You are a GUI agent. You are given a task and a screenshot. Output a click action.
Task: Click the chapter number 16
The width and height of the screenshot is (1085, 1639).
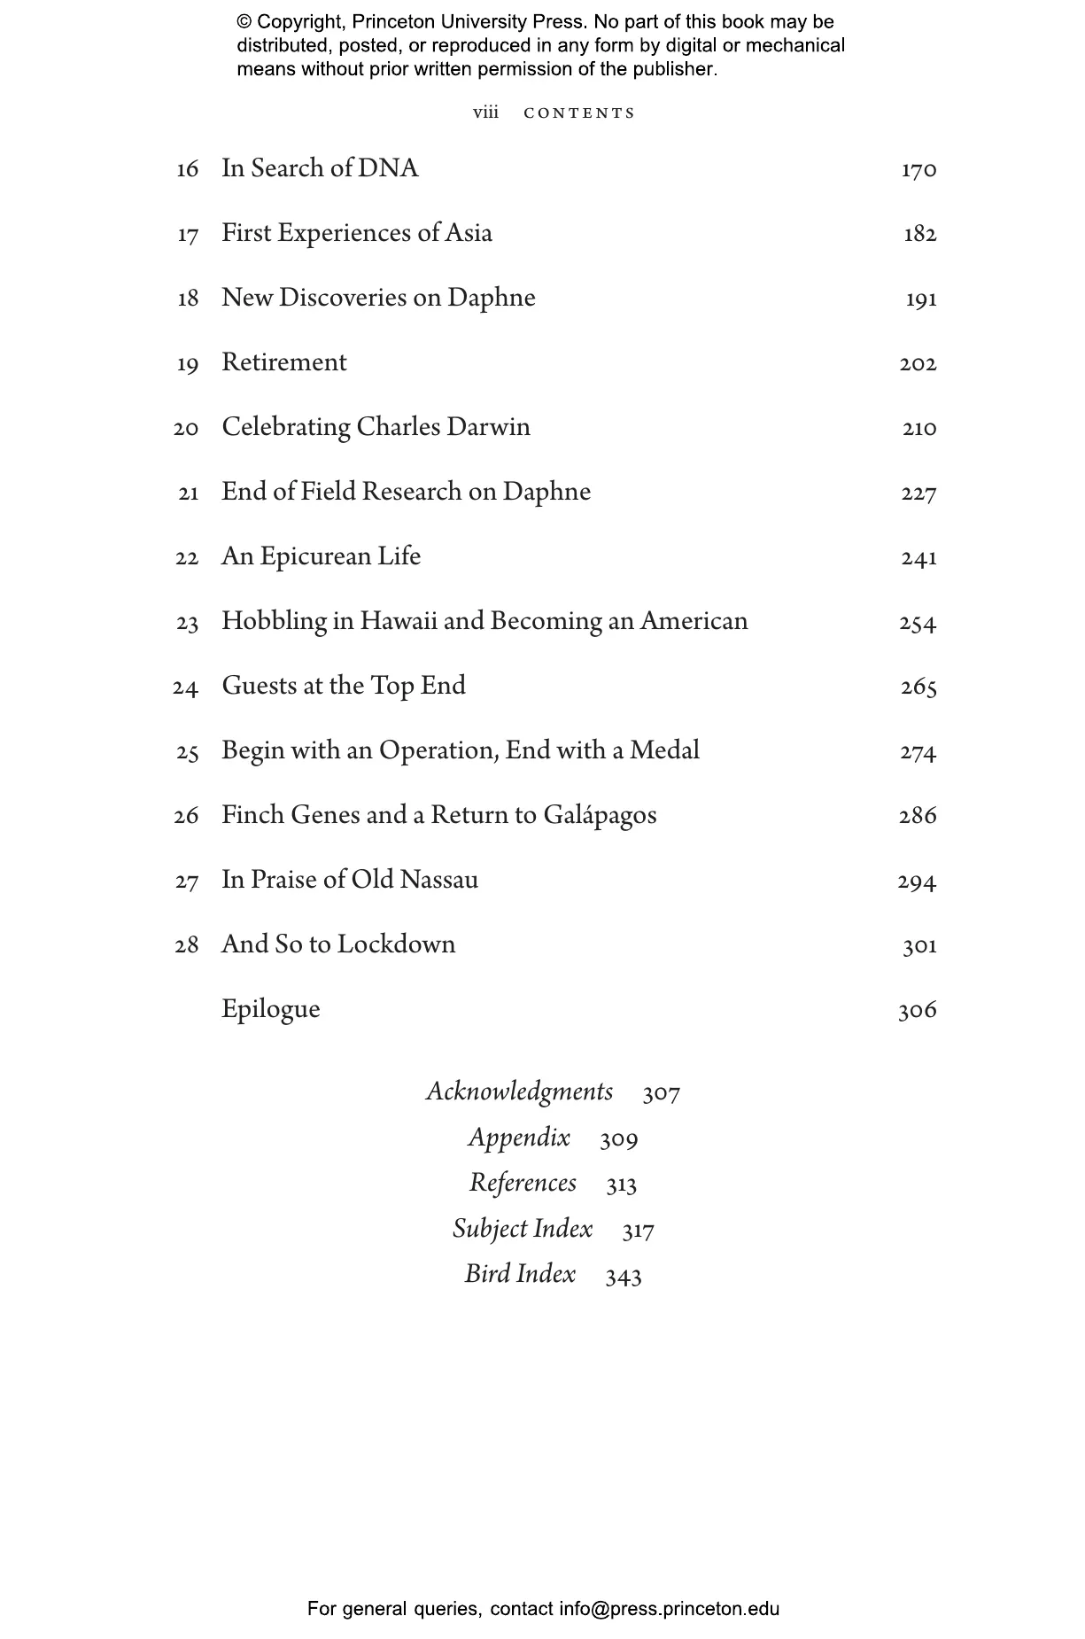click(x=187, y=169)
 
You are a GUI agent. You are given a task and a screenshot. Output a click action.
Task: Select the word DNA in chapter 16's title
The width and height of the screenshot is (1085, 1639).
click(x=388, y=168)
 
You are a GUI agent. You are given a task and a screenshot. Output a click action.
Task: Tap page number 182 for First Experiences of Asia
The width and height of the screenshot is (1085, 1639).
click(x=919, y=234)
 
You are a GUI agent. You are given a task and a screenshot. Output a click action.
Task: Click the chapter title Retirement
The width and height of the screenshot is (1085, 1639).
click(x=284, y=362)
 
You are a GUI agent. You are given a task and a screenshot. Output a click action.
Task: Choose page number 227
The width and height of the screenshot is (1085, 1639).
click(x=918, y=493)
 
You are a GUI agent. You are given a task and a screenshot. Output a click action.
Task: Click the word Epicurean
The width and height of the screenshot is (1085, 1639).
click(x=314, y=557)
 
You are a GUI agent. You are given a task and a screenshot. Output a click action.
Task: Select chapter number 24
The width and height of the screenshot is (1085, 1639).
click(x=185, y=687)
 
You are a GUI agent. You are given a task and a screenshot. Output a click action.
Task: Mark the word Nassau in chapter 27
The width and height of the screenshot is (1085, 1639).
click(x=438, y=880)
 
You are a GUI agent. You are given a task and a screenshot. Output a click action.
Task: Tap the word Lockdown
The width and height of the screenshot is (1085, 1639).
click(x=396, y=944)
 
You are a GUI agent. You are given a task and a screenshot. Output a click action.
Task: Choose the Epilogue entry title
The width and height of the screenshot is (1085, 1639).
click(x=270, y=1010)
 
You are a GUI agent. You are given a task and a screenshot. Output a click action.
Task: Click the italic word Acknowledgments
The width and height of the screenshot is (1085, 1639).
click(x=519, y=1091)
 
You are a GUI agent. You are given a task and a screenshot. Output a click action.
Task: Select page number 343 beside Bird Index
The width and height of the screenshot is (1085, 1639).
click(x=624, y=1276)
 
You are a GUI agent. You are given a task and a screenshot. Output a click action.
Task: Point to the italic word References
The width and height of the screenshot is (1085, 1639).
click(x=523, y=1184)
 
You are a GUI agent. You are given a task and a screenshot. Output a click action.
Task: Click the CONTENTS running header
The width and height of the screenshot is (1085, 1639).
click(x=579, y=113)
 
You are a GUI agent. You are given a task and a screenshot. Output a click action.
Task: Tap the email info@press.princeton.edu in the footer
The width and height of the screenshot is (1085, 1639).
click(x=669, y=1609)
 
